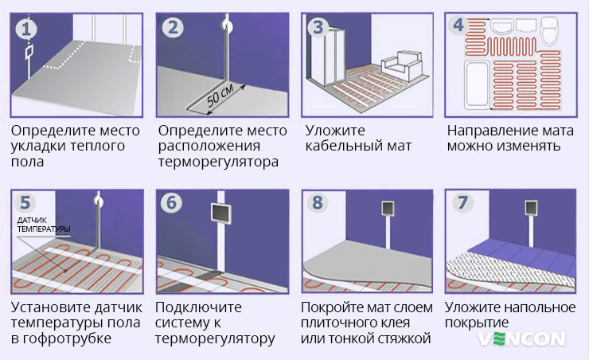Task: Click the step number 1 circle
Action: (x=28, y=29)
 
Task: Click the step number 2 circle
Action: (x=173, y=29)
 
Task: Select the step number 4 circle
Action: (x=458, y=25)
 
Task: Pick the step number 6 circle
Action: (x=173, y=203)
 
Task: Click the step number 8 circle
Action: (x=318, y=203)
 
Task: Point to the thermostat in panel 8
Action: (x=388, y=208)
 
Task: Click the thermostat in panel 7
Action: (x=532, y=209)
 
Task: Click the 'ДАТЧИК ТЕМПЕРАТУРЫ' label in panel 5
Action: (x=44, y=225)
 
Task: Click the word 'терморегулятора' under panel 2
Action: (x=218, y=162)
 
